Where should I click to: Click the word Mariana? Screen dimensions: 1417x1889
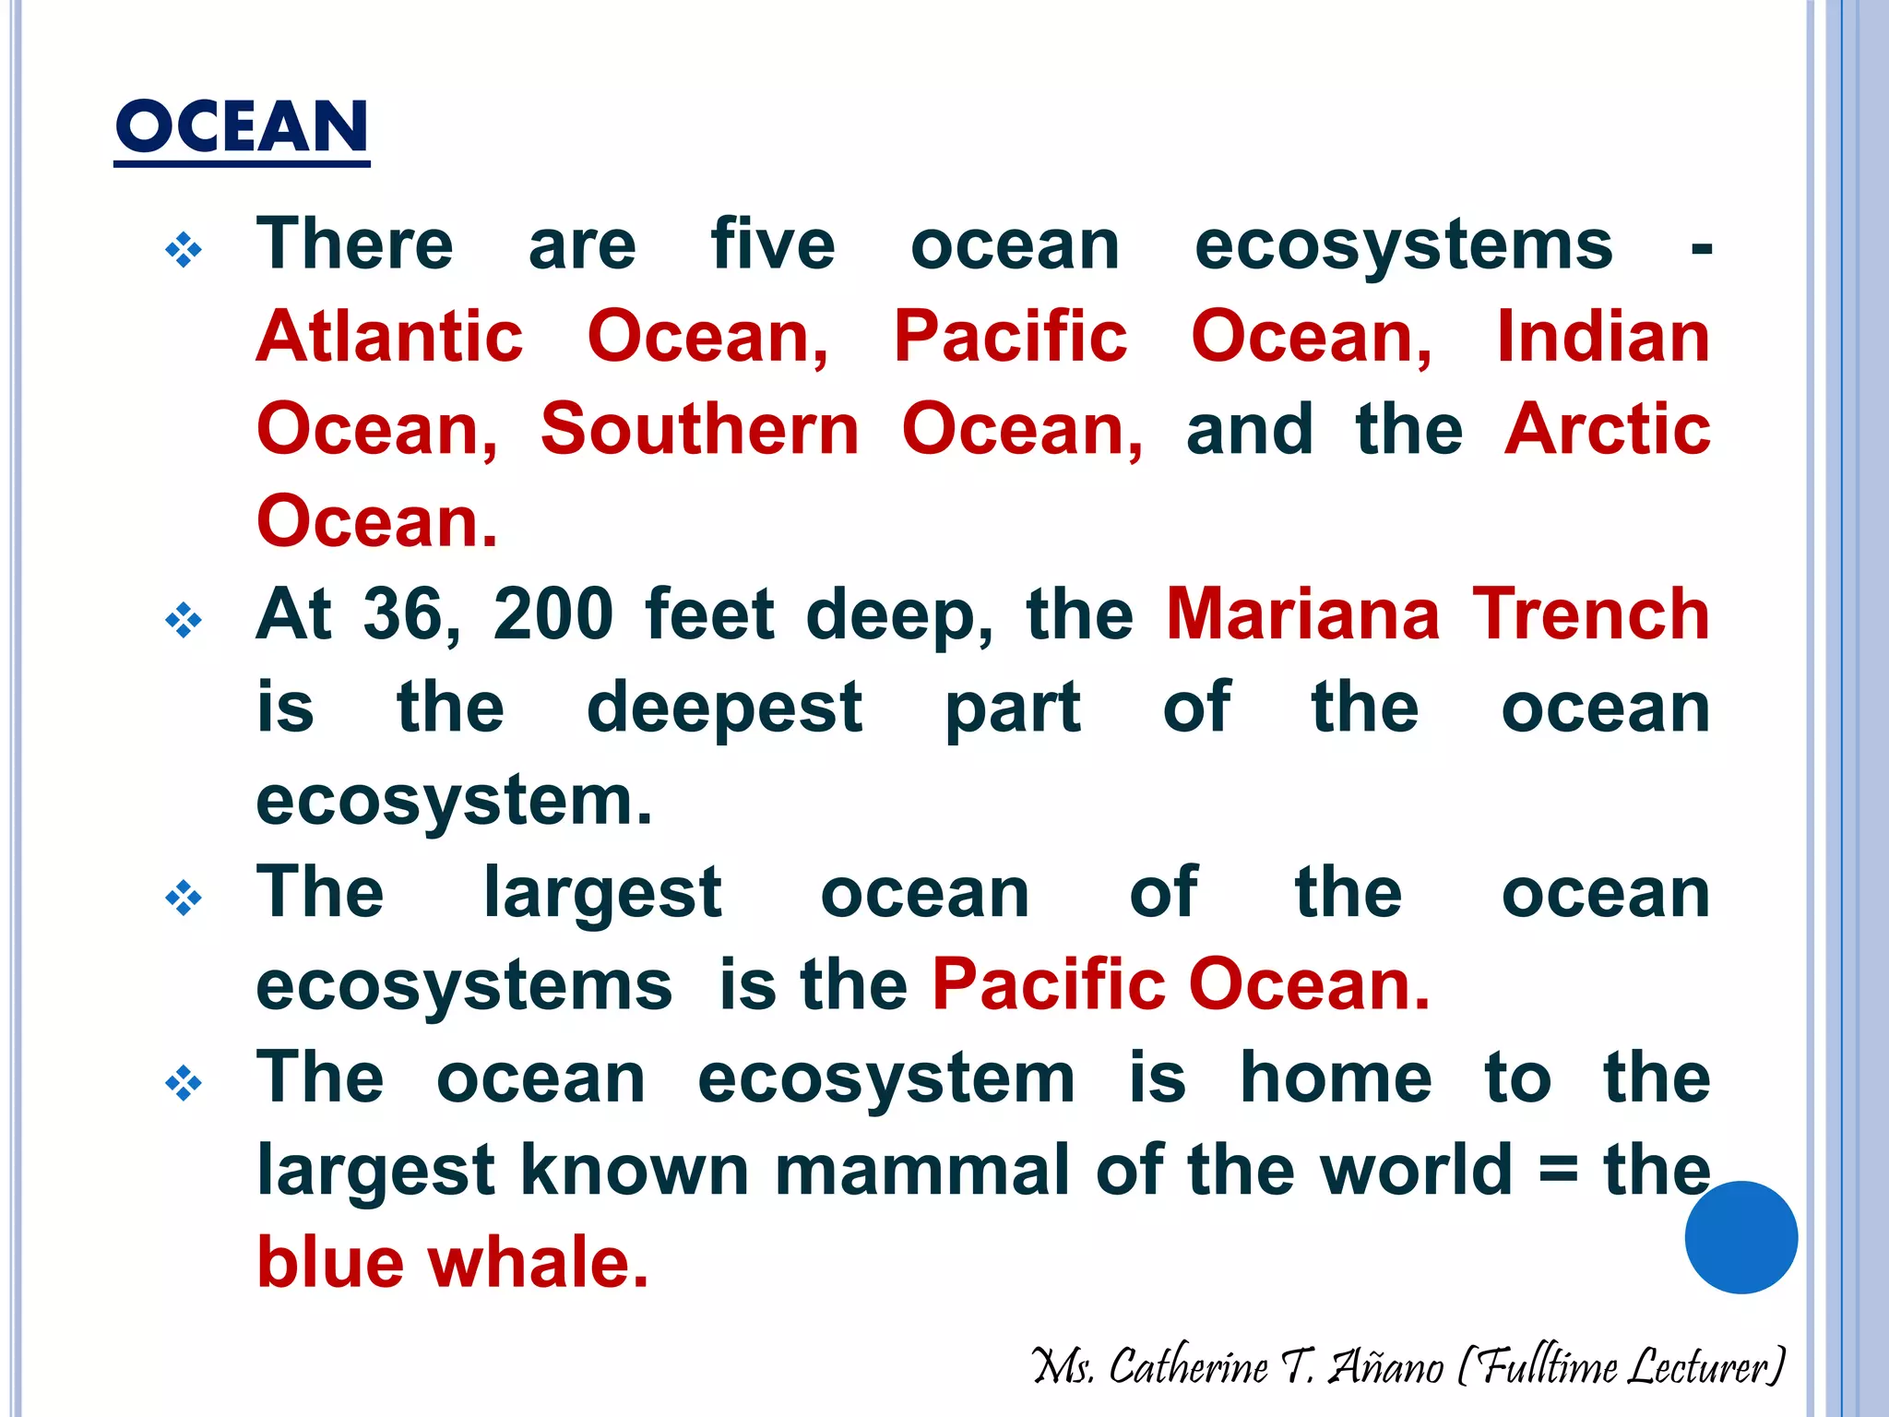(1302, 614)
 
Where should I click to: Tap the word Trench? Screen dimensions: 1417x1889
(1591, 614)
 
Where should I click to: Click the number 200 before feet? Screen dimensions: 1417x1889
(553, 614)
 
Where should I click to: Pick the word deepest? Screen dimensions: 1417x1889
(725, 708)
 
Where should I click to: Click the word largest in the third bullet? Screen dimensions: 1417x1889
(602, 893)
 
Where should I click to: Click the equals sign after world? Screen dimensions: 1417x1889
(1558, 1172)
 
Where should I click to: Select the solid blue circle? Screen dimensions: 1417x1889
(1740, 1237)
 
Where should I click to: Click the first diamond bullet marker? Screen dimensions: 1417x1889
(184, 250)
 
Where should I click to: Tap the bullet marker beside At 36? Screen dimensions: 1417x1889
(184, 620)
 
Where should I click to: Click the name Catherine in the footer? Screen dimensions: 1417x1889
(1188, 1366)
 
